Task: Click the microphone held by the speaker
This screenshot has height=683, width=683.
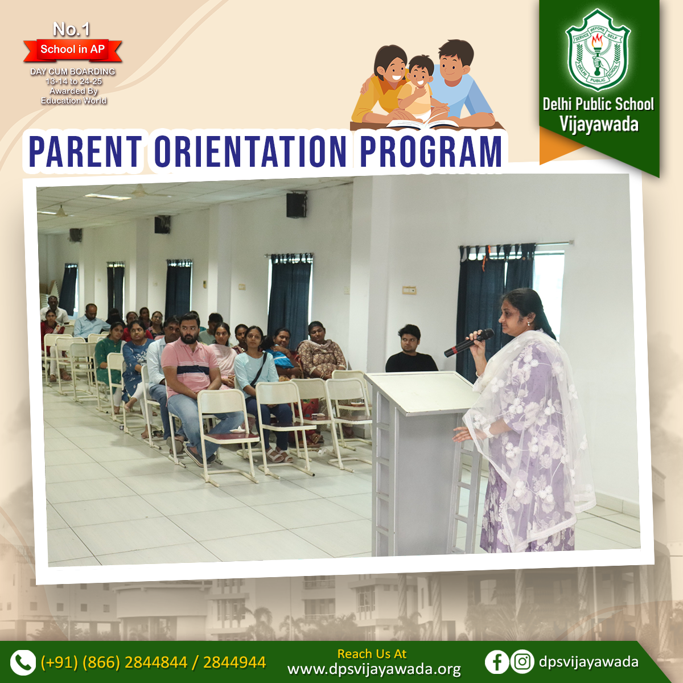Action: point(468,343)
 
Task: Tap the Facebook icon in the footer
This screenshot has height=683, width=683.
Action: point(496,661)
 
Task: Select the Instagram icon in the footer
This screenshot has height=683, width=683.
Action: point(522,661)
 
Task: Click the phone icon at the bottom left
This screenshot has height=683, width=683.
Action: point(23,662)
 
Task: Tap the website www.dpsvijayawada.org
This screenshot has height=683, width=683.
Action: point(374,669)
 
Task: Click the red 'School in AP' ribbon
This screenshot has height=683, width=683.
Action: point(73,50)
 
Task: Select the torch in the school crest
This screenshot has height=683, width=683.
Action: point(598,53)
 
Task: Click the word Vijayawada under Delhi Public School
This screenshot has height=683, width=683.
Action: point(599,125)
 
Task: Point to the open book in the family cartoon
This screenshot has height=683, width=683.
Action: point(422,124)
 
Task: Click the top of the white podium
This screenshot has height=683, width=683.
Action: point(422,392)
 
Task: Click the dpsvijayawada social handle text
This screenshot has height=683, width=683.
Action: point(589,661)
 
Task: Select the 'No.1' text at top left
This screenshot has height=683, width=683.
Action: point(72,30)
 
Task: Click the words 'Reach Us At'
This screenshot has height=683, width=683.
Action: point(372,653)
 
